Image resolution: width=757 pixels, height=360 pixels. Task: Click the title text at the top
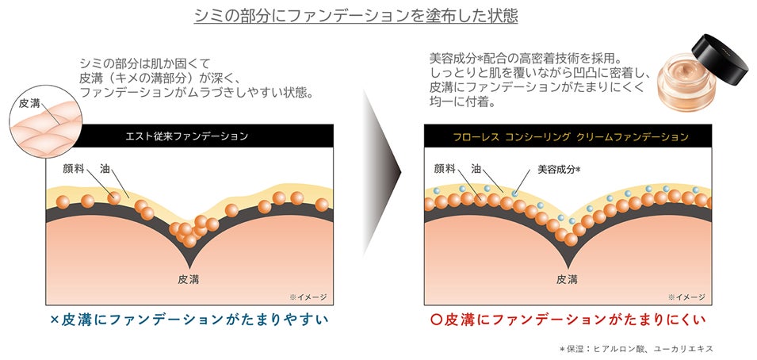(378, 16)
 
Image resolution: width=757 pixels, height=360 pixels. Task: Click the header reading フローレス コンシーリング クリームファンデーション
(566, 136)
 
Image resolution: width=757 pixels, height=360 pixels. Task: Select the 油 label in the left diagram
(105, 169)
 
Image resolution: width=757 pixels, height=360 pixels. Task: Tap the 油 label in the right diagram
(476, 169)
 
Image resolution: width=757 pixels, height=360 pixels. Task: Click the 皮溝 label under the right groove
(566, 278)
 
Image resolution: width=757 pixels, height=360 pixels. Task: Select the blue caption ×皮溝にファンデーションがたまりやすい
(189, 320)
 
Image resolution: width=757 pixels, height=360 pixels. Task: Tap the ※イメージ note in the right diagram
(686, 297)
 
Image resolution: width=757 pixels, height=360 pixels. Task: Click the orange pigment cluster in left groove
(190, 230)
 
